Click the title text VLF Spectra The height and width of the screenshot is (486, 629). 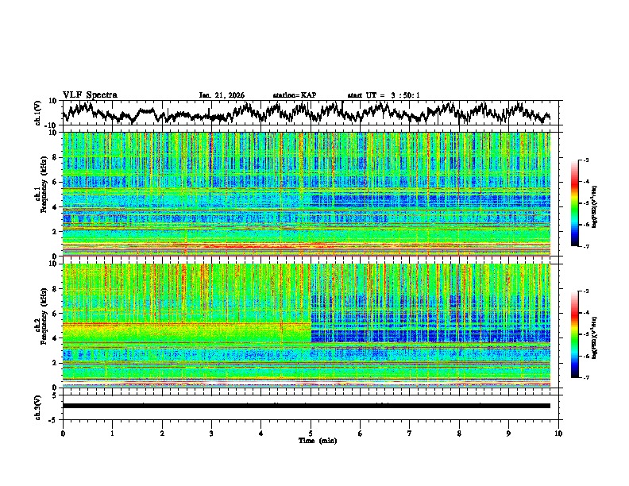[90, 95]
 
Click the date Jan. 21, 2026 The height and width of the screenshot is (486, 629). [222, 95]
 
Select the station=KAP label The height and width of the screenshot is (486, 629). [295, 95]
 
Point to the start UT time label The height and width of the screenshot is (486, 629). [384, 95]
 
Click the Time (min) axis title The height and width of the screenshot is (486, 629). [317, 440]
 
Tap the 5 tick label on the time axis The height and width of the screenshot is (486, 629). [311, 433]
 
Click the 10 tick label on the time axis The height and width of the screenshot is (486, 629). [558, 433]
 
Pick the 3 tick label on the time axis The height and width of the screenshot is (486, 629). [211, 433]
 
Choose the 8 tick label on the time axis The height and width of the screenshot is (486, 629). [459, 433]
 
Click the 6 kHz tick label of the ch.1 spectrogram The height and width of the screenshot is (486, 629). [56, 182]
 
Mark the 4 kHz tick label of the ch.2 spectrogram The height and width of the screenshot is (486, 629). [56, 337]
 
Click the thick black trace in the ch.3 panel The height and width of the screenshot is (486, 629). [307, 406]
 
